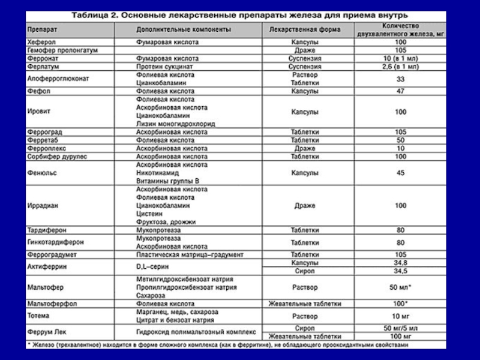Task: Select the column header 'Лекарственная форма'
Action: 305,29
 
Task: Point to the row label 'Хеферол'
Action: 40,43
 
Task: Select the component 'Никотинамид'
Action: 160,172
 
